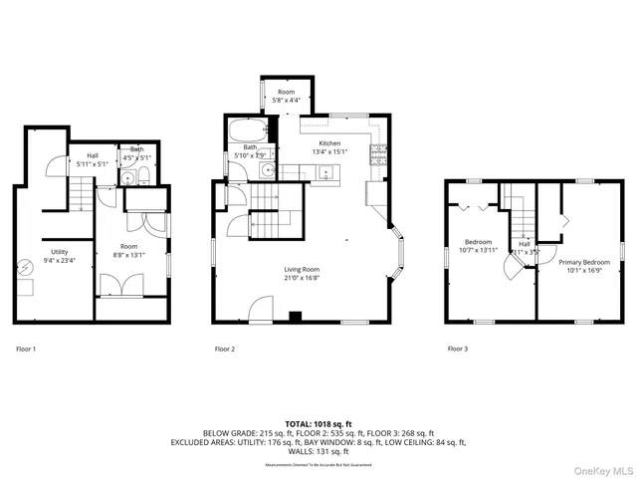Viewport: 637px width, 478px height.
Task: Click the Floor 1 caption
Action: [26, 350]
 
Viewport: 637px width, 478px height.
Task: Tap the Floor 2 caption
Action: [225, 350]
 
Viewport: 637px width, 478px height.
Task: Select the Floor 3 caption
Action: [457, 350]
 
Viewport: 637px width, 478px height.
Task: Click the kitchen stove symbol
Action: [377, 153]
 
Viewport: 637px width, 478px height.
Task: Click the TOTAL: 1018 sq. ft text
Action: [318, 423]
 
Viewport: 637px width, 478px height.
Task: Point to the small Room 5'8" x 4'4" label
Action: [286, 95]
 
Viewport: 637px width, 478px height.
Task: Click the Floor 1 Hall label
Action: [92, 160]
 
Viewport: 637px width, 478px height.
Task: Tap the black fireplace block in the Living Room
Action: [294, 318]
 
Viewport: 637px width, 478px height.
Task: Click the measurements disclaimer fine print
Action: [318, 465]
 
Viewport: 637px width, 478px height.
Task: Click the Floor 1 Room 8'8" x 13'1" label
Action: [129, 249]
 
